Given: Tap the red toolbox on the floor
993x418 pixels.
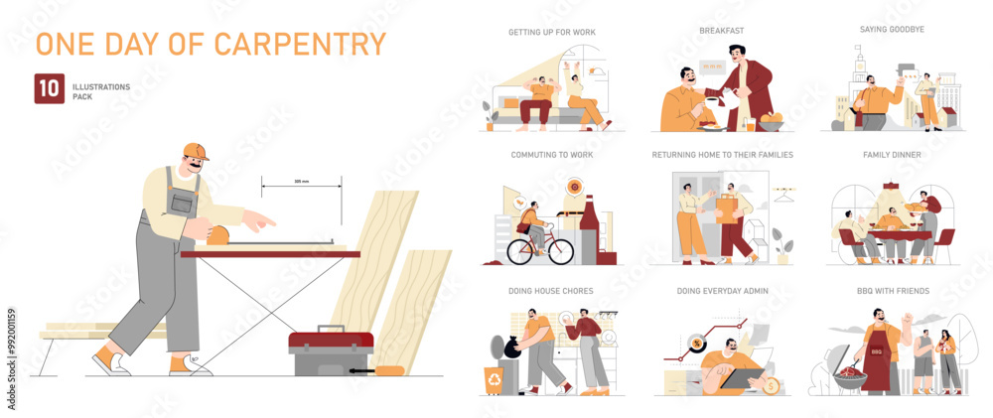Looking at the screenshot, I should [x=331, y=352].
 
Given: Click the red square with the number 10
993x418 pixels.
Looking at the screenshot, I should [x=49, y=88].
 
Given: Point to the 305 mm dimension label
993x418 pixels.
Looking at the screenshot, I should [x=302, y=181].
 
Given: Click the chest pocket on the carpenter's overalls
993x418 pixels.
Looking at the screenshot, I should [x=181, y=203].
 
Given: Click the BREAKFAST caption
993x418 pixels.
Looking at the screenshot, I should [x=721, y=31].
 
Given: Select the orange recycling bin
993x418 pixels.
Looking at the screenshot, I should [x=494, y=380].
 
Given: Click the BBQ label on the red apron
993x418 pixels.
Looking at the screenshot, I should [x=877, y=349].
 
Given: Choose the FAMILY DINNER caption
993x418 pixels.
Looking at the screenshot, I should [x=892, y=155].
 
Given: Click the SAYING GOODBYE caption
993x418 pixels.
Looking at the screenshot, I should [x=892, y=30].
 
